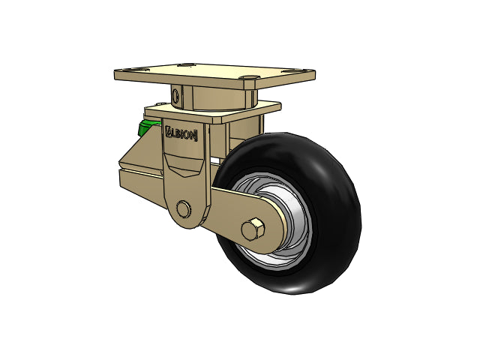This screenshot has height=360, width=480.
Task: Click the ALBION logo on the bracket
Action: pyautogui.click(x=181, y=133)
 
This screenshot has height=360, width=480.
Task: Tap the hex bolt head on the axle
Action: pyautogui.click(x=253, y=229)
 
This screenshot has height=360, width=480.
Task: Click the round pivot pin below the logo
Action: pyautogui.click(x=183, y=209)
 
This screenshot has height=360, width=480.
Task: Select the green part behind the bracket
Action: pyautogui.click(x=148, y=127)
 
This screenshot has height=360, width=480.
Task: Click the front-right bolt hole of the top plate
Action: pyautogui.click(x=250, y=78)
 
